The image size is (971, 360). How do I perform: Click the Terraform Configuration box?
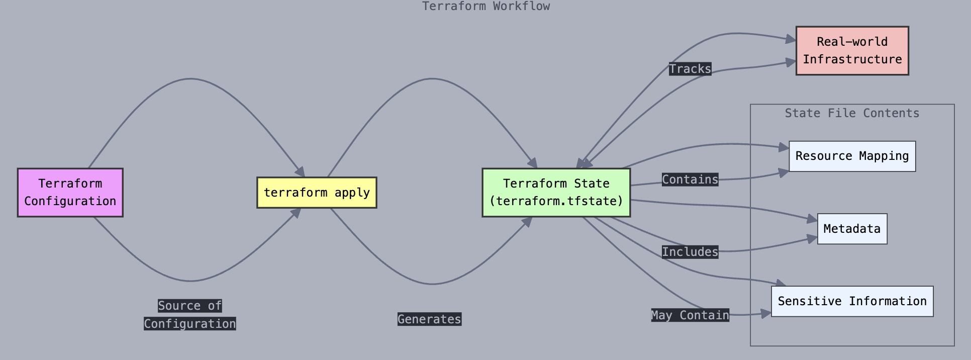coord(70,193)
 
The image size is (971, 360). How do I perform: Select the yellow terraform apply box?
coord(317,193)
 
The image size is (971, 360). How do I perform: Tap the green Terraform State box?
coord(556,193)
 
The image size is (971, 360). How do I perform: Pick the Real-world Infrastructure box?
coord(852,51)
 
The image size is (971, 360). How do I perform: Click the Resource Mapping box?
coord(852,156)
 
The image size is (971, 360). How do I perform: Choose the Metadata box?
coord(852,229)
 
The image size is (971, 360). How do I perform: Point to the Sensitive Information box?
coord(852,301)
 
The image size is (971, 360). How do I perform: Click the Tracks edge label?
coord(690,69)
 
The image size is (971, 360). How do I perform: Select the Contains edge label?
coord(690,179)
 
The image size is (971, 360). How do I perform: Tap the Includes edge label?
coord(690,252)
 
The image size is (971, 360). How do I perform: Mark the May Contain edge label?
coord(690,315)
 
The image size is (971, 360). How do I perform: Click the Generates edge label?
coord(429,319)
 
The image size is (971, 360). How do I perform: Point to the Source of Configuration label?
coord(190,315)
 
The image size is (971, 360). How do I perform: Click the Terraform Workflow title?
coord(486,6)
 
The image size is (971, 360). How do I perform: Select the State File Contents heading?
coord(852,113)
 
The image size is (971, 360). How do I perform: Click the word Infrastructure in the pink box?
coord(852,59)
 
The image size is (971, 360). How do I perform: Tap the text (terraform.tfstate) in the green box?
coord(556,201)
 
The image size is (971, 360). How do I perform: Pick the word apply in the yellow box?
coord(352,193)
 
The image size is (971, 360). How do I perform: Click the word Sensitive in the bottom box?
coord(810,301)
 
